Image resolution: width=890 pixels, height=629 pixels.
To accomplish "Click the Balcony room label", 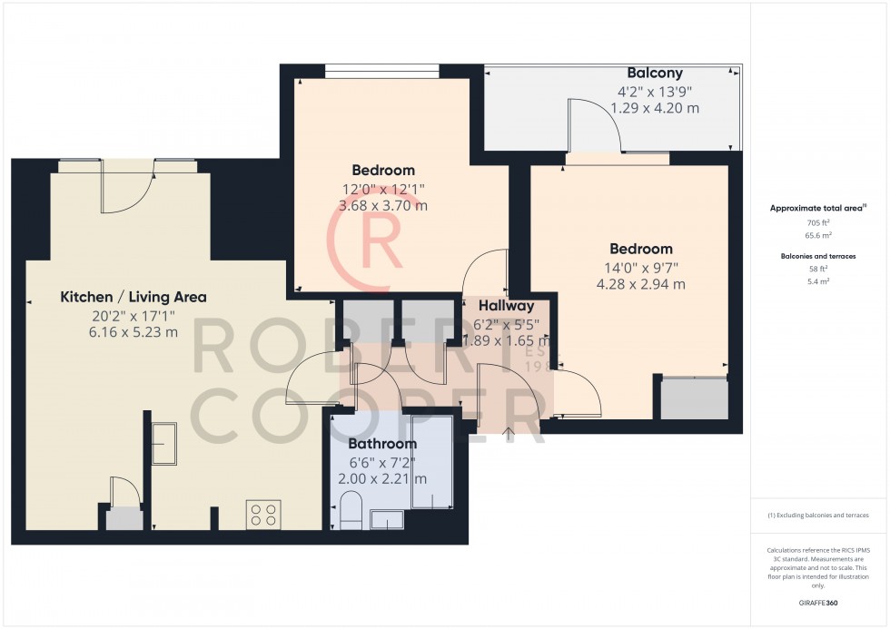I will tap(655, 73).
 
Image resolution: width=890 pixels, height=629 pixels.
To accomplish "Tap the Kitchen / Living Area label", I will tap(133, 297).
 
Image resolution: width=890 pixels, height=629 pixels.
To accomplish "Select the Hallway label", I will tap(506, 306).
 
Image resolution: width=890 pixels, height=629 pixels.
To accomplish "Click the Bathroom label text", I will tap(382, 444).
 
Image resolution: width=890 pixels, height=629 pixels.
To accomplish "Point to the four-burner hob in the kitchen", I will tap(262, 515).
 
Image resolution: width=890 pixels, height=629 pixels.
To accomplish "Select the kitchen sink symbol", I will tap(164, 444).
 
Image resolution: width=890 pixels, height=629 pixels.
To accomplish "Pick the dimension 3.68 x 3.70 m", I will tap(382, 205).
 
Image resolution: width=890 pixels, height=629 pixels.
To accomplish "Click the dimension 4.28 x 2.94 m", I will tap(640, 284).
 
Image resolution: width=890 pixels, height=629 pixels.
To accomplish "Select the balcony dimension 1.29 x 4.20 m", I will tap(655, 108).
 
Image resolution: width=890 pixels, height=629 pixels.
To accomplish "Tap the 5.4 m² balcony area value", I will tap(818, 281).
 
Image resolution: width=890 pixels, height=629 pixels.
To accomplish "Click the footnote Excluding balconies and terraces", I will tap(818, 515).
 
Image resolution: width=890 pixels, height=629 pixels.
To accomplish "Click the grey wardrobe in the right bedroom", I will tap(694, 398).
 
